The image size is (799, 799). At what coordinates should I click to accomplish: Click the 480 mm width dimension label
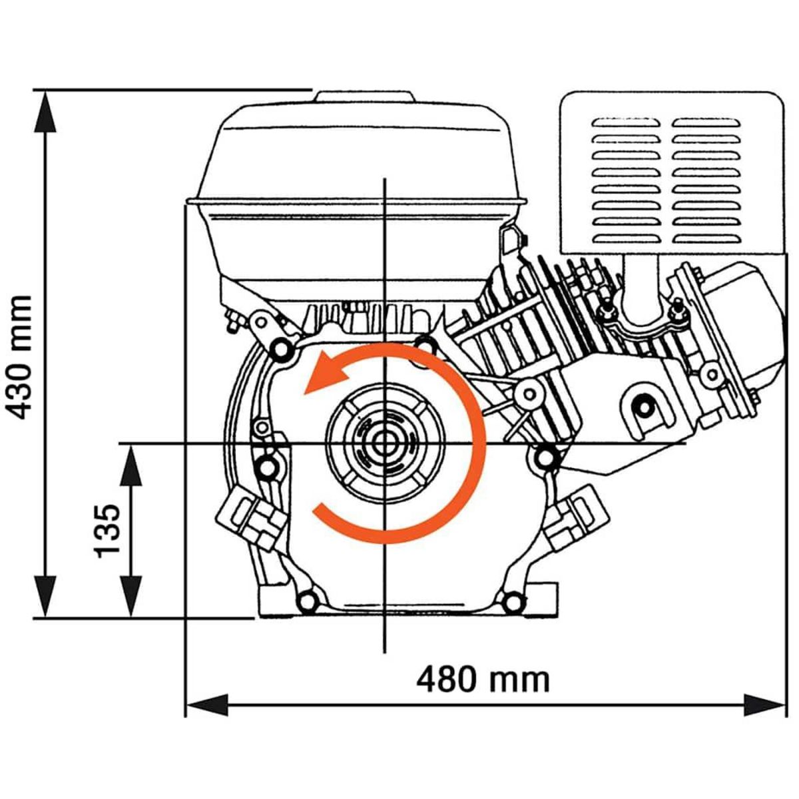click(483, 680)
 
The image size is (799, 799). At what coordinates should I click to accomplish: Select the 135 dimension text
click(107, 531)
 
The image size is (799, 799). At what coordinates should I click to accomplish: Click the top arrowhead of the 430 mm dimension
click(45, 110)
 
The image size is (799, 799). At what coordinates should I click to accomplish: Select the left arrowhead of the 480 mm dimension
click(206, 704)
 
